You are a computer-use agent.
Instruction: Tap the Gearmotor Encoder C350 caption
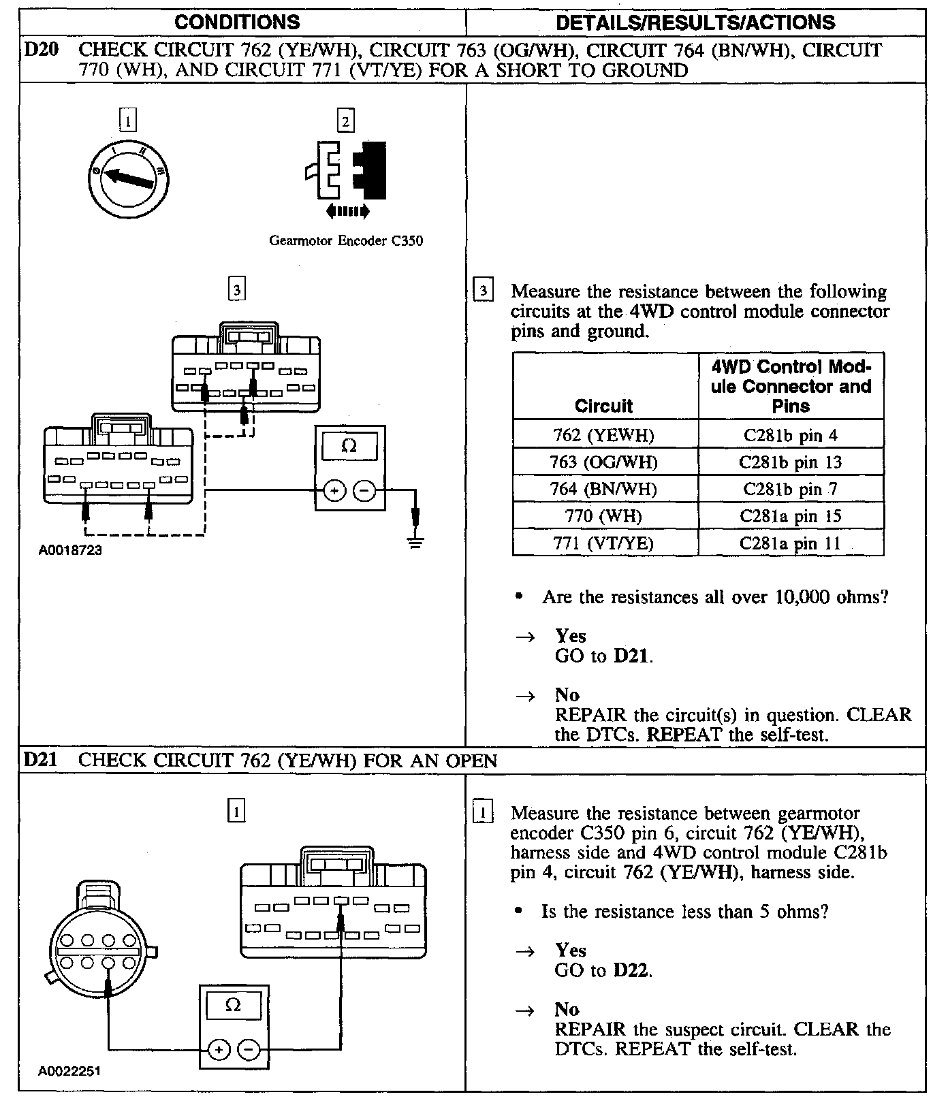(x=346, y=240)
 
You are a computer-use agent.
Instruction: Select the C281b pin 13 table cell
(x=791, y=462)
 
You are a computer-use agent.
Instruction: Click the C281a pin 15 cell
(x=791, y=516)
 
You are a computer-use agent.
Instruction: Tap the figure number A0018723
(x=70, y=550)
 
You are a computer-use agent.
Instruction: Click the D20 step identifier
(x=39, y=50)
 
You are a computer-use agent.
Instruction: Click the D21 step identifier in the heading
(x=39, y=761)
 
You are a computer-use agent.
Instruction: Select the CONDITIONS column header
(x=237, y=22)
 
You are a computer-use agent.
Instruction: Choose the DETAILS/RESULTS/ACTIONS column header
(x=695, y=22)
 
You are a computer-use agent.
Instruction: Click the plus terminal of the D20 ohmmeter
(x=334, y=490)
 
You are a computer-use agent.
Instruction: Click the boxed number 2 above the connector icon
(x=346, y=121)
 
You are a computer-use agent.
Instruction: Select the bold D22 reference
(x=631, y=970)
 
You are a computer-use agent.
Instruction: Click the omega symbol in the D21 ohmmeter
(x=233, y=1006)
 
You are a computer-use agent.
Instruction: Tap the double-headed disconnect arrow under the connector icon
(x=348, y=212)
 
